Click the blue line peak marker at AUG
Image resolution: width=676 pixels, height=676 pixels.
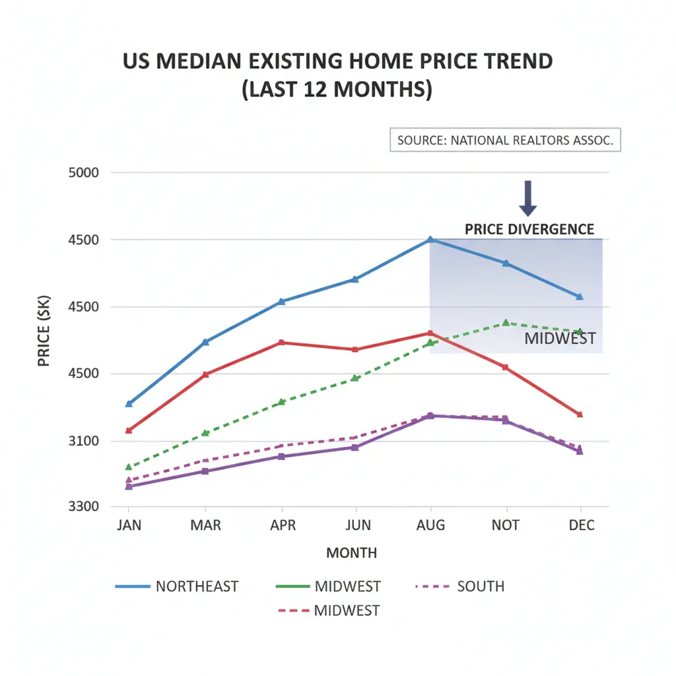coord(430,240)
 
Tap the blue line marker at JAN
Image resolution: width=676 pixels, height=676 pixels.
coord(129,403)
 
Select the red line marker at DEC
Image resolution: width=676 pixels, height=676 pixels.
coord(580,415)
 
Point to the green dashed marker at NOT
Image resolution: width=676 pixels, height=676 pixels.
coord(506,323)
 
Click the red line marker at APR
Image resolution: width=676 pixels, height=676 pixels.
coord(282,342)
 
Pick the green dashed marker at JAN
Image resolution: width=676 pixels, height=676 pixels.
coord(129,467)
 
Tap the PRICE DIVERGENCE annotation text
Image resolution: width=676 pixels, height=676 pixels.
coord(529,229)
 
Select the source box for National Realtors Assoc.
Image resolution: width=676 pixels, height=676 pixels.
coord(505,140)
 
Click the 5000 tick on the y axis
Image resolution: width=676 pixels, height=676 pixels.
coord(83,173)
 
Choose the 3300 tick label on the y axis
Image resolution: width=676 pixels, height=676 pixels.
coord(83,507)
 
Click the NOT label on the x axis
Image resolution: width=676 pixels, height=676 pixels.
coord(506,525)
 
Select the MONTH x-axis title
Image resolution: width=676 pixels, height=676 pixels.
coord(351,553)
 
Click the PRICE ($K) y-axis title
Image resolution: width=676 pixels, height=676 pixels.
coord(44,340)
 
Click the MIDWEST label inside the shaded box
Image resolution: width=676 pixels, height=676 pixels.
coord(560,339)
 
